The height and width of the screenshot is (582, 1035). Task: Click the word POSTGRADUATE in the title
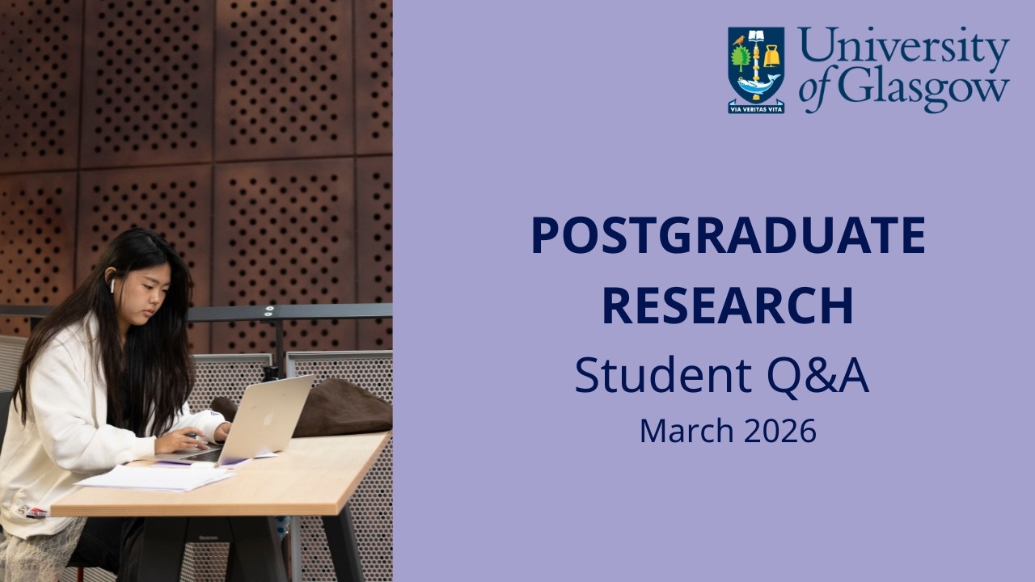[728, 235]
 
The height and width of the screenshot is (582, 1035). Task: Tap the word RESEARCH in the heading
[728, 306]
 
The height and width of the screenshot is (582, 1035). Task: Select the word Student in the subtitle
[650, 376]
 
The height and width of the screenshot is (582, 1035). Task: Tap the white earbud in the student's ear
[113, 285]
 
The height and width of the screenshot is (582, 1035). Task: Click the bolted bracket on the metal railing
[269, 311]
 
